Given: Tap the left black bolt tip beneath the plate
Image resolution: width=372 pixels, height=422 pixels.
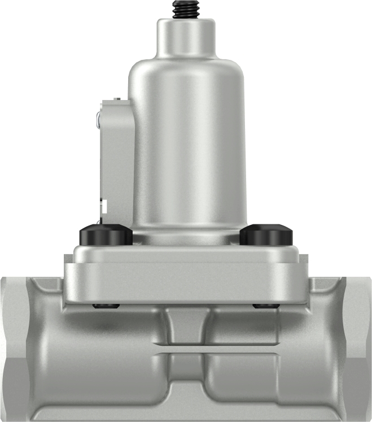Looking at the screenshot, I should (x=107, y=306).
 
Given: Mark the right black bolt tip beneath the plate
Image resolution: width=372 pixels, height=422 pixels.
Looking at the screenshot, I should (x=266, y=306).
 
